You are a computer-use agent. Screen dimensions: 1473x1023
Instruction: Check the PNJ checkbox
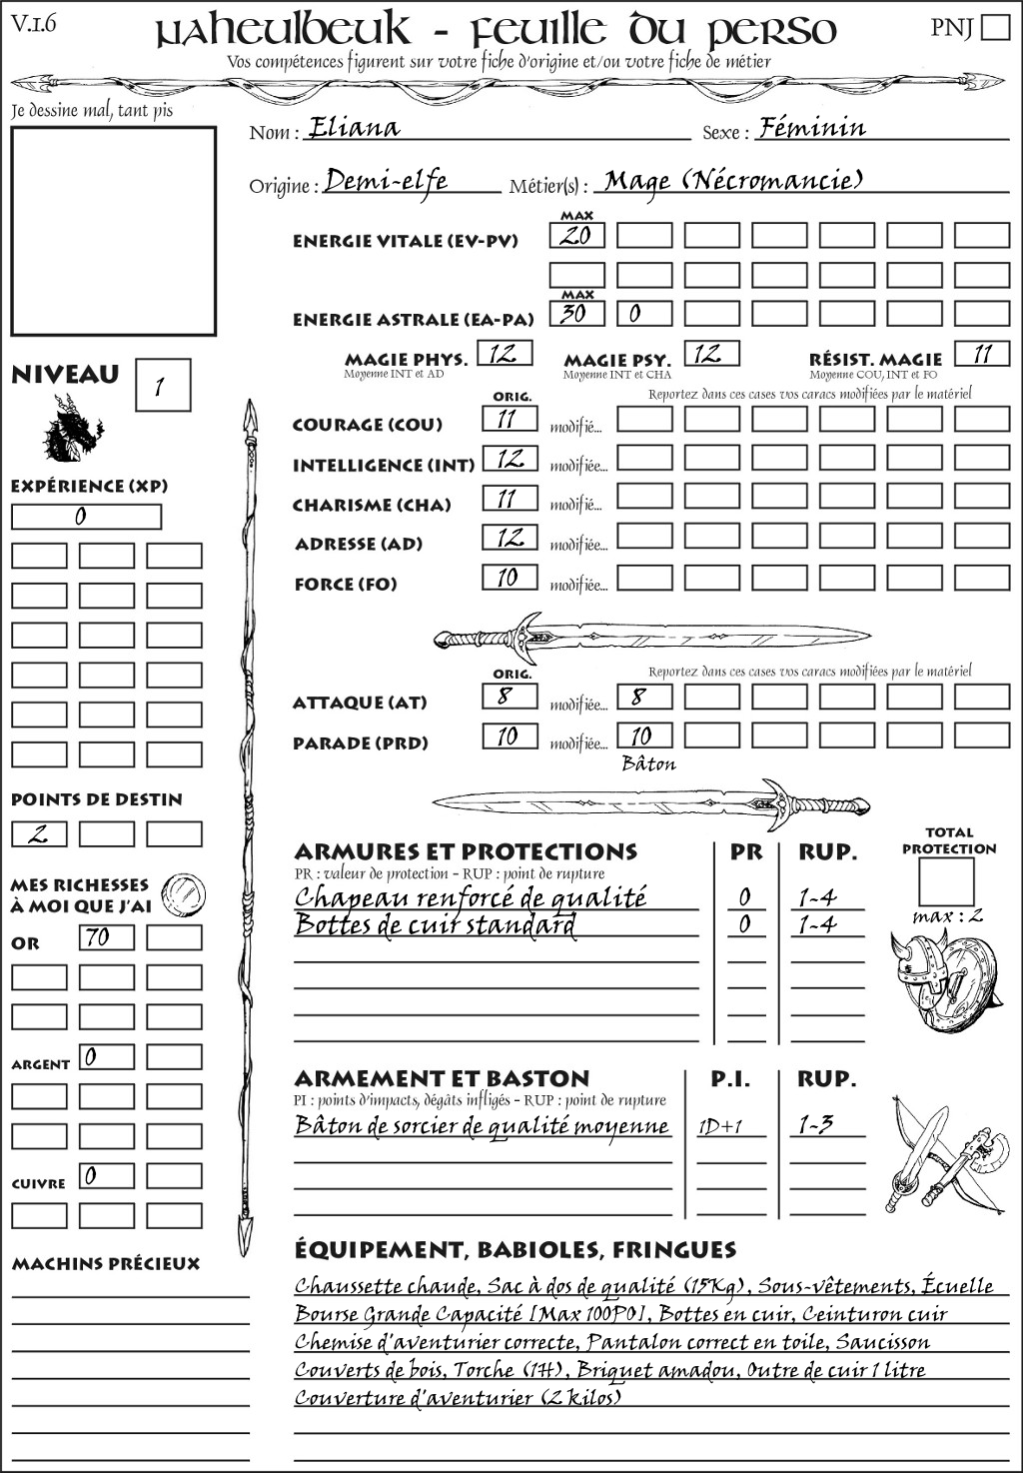point(995,27)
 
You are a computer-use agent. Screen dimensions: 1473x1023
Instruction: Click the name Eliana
point(354,128)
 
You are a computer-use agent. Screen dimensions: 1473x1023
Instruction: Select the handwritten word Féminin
point(812,128)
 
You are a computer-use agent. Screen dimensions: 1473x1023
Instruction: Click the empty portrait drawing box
point(113,231)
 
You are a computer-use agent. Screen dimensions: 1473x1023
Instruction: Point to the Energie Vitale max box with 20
point(576,236)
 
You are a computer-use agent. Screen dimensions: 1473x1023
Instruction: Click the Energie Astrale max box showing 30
point(576,314)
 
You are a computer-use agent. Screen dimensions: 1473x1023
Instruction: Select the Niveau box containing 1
point(162,386)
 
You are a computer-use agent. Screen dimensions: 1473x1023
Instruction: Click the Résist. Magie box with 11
point(982,354)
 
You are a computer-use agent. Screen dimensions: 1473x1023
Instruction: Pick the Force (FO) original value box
point(510,578)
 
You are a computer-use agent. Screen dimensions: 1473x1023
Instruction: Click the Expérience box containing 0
point(86,517)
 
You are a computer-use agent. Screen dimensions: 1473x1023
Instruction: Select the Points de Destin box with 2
point(39,833)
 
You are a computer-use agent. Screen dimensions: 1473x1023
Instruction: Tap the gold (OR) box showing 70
point(106,937)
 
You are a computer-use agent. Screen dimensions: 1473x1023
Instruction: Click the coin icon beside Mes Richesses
point(184,892)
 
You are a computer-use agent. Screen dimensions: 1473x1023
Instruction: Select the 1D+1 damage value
point(720,1127)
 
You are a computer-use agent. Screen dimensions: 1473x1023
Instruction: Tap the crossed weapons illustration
point(943,1156)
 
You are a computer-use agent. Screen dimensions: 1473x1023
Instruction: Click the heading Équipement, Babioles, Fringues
point(514,1250)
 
